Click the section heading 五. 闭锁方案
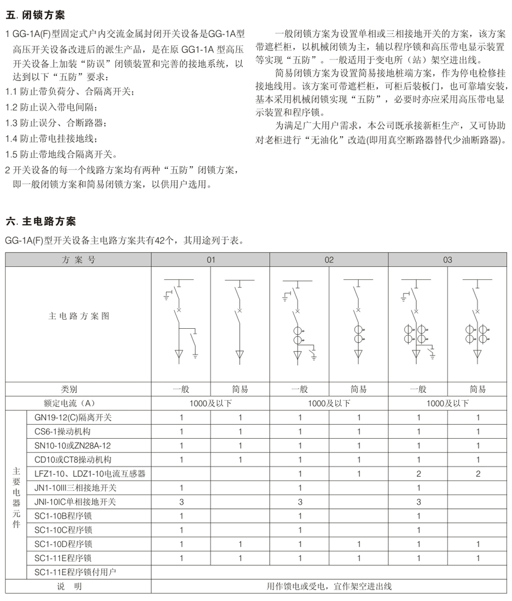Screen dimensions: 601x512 [x=35, y=16]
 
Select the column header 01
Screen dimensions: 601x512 [x=210, y=260]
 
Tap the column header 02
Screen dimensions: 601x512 [x=329, y=260]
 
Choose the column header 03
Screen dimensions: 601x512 [x=447, y=260]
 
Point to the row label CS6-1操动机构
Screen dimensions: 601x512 [x=63, y=432]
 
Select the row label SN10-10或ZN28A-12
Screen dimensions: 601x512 [x=73, y=446]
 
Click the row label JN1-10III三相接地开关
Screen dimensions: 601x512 [x=75, y=488]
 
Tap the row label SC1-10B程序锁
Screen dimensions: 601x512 [x=64, y=516]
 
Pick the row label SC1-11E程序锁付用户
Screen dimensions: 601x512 [x=75, y=572]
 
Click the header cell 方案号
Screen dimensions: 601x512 [x=78, y=260]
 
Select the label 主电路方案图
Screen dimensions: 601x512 [x=78, y=317]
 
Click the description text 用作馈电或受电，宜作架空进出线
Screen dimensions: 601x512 [x=329, y=586]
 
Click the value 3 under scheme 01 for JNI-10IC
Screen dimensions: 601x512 [x=181, y=502]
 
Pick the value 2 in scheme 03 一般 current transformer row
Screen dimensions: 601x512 [x=418, y=474]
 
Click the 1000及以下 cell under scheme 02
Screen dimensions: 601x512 [x=329, y=403]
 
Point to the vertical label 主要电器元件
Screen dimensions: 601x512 [x=16, y=496]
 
